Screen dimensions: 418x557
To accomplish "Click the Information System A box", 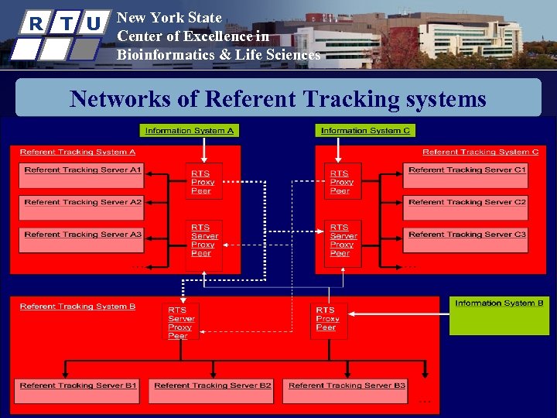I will (190, 130).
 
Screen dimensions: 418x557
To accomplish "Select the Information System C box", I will (365, 130).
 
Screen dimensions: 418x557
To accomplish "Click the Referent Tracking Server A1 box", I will (82, 175).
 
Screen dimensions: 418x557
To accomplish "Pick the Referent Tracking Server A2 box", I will (82, 207).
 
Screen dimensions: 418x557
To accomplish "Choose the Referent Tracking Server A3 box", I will (82, 239).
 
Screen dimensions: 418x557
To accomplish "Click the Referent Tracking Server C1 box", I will (466, 175).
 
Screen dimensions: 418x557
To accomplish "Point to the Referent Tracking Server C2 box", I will (466, 207).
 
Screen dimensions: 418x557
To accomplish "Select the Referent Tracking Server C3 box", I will (466, 239).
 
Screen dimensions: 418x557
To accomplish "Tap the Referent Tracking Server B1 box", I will (77, 390).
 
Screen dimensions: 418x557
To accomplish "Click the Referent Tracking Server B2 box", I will (212, 390).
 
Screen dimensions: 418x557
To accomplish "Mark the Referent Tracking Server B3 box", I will (346, 390).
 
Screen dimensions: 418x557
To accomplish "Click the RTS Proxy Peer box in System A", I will (203, 182).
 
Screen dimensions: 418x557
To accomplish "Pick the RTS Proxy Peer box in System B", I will (329, 319).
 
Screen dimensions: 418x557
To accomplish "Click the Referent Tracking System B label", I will (77, 307).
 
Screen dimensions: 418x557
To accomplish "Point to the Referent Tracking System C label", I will (480, 152).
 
